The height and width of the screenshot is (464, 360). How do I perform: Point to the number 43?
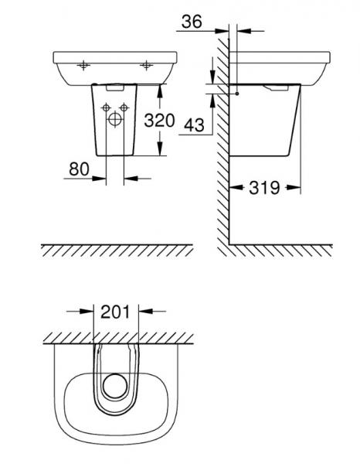[x=197, y=124]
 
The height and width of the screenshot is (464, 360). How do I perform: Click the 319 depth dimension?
[x=264, y=189]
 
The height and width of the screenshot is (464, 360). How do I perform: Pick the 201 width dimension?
[x=115, y=313]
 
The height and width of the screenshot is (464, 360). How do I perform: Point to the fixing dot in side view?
[x=238, y=94]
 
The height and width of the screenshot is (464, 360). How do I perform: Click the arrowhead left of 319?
[x=236, y=189]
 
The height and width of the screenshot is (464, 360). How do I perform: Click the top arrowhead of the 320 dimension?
[x=160, y=87]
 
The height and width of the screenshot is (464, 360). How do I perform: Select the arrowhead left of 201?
[x=88, y=313]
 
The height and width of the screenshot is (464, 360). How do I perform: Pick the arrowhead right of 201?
[x=142, y=313]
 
